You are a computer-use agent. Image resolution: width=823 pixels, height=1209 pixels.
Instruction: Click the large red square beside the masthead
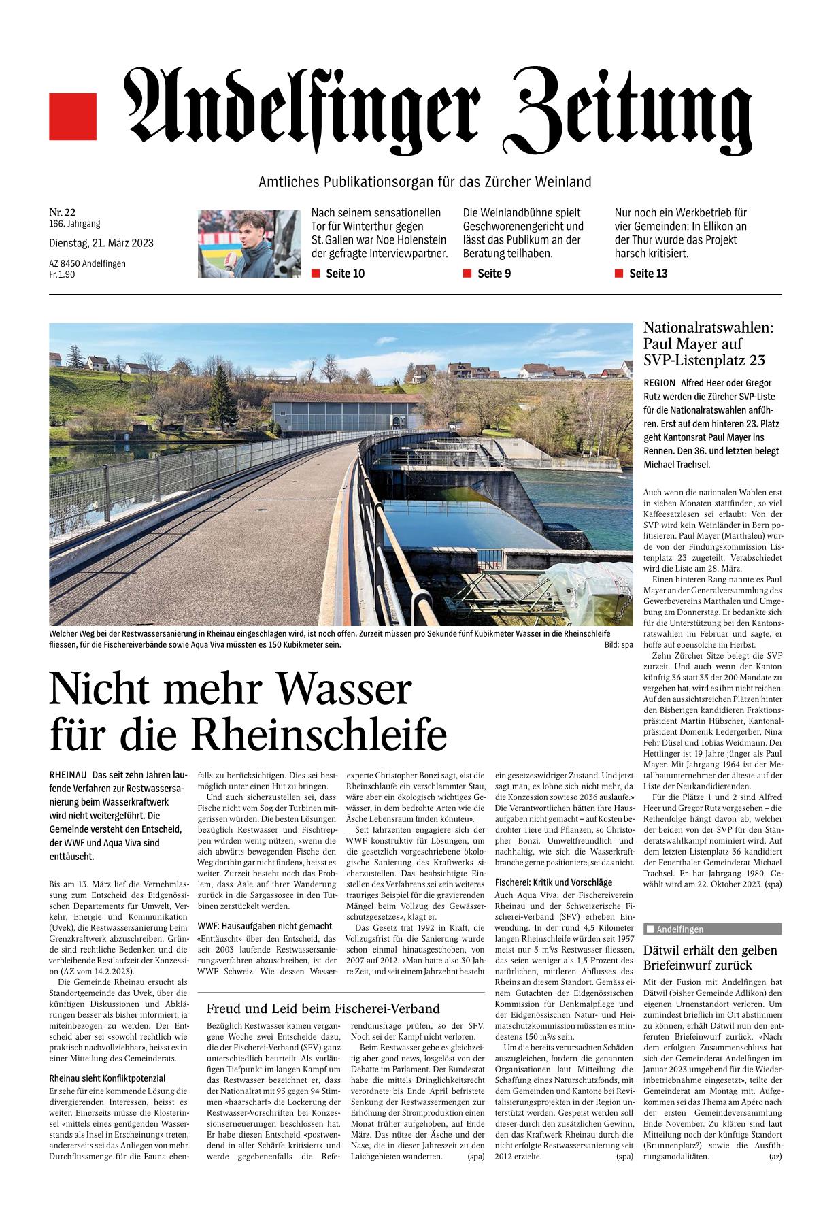[73, 116]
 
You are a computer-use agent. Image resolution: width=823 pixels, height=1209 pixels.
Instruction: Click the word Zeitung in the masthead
[632, 109]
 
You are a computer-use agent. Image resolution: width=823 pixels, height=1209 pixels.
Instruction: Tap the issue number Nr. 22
[63, 212]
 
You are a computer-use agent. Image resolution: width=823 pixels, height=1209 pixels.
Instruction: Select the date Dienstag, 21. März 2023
[101, 243]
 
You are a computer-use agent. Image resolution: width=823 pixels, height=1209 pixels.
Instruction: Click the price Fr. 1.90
[62, 274]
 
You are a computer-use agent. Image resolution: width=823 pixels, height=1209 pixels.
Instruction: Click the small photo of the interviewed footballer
[248, 243]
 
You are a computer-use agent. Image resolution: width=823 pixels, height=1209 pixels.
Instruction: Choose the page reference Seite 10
[345, 274]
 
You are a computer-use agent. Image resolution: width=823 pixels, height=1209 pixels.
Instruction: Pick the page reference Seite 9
[494, 274]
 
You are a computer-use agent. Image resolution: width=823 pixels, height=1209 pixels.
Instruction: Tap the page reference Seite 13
[648, 274]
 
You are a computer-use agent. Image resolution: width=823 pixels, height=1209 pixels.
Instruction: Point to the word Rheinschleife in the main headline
[319, 735]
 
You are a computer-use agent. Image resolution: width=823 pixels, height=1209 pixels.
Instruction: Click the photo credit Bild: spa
[618, 644]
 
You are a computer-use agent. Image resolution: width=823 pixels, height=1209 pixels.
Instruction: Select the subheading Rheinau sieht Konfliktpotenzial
[107, 1078]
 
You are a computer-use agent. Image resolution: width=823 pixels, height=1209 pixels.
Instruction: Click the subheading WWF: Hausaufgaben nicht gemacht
[265, 925]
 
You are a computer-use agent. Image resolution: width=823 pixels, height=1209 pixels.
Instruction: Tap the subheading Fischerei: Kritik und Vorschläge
[553, 882]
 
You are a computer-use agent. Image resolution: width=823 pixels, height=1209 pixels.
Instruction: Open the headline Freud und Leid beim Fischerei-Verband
[323, 1008]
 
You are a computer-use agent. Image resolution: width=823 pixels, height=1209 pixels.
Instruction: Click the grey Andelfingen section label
[712, 929]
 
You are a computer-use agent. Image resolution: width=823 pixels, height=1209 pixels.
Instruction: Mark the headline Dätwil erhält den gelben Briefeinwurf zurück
[710, 957]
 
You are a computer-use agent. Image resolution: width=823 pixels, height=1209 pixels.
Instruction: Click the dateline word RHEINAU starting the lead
[68, 775]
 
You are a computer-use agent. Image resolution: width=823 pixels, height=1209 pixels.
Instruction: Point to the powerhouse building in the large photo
[346, 418]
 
